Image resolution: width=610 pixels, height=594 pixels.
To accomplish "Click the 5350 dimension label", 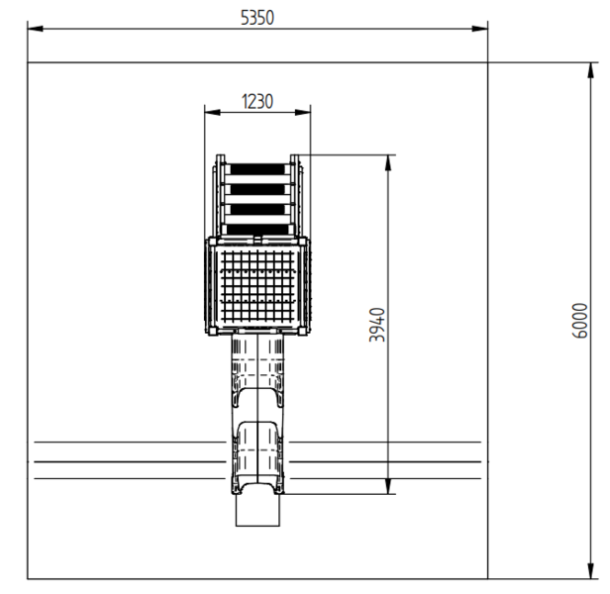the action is (x=257, y=18).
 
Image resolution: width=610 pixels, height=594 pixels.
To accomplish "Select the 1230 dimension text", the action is (x=257, y=102).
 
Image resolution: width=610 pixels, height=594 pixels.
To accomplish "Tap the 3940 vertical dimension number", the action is (x=377, y=325).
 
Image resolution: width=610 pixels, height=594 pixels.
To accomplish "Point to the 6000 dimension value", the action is (x=579, y=321).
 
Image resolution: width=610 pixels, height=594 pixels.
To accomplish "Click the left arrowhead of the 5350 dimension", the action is (x=36, y=29).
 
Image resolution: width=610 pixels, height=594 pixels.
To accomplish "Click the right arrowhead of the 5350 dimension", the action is (x=479, y=29).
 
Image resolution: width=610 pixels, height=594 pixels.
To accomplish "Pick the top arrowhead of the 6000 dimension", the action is (x=591, y=70).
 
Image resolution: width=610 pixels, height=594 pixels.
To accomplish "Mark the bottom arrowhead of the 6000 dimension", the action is (x=591, y=571).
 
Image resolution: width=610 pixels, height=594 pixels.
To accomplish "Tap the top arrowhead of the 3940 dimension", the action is (x=388, y=163).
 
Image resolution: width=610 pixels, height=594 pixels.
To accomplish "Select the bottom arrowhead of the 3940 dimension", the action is (x=388, y=486).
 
